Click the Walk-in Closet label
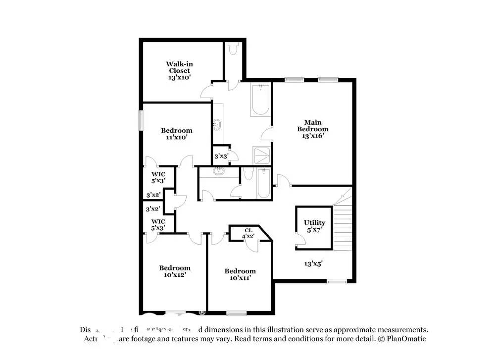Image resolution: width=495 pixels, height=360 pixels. [x=178, y=71]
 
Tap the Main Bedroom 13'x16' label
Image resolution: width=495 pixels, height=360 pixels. [x=313, y=129]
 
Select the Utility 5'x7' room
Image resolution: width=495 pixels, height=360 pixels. [x=314, y=226]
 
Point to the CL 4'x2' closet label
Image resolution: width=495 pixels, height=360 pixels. [x=248, y=233]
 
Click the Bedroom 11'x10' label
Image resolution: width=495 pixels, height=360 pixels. [x=177, y=134]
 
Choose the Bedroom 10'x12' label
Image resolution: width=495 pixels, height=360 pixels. [x=174, y=271]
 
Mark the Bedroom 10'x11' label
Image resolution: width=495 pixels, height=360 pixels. [x=240, y=274]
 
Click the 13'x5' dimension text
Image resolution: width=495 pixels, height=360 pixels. [x=313, y=264]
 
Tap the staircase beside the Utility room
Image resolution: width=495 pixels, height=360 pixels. [x=343, y=220]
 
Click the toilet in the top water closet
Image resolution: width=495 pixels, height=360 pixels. [x=233, y=50]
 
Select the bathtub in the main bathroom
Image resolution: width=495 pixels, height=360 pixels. [x=260, y=101]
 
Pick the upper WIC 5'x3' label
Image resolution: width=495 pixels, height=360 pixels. [x=158, y=177]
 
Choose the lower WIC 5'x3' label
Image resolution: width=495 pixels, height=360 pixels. [x=158, y=224]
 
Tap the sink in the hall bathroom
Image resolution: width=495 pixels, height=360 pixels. [x=218, y=172]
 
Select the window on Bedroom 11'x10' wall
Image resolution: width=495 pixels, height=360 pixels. [x=141, y=120]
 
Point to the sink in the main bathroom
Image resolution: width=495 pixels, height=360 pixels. [x=216, y=124]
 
